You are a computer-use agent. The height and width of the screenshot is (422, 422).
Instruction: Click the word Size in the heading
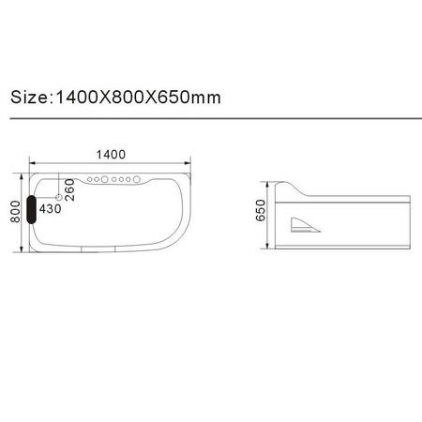tap(30, 97)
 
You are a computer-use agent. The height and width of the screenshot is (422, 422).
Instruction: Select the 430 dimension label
tap(50, 208)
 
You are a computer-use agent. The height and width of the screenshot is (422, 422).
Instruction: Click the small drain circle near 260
tap(60, 198)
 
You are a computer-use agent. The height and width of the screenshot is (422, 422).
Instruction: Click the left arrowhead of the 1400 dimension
tap(25, 166)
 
